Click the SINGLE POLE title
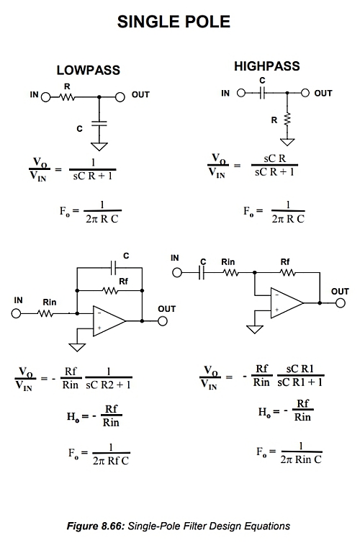click(x=174, y=22)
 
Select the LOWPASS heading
click(x=89, y=70)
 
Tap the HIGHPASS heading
click(x=267, y=66)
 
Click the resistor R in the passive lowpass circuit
click(x=68, y=97)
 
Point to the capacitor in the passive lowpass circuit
click(x=99, y=124)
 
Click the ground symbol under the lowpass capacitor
click(x=99, y=146)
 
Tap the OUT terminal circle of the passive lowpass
click(x=120, y=97)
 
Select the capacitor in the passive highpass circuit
click(x=262, y=93)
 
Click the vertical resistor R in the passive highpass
click(x=287, y=120)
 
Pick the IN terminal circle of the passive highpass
click(x=241, y=93)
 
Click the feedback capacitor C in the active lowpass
click(x=113, y=268)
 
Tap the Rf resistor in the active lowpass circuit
click(x=110, y=291)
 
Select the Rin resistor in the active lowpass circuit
click(x=45, y=314)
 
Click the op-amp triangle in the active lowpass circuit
click(x=109, y=321)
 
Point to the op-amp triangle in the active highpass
click(x=287, y=302)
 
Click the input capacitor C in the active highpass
click(x=202, y=273)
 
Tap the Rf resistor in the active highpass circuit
click(x=288, y=273)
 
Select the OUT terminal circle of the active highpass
click(x=341, y=303)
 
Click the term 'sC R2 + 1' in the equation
click(x=108, y=385)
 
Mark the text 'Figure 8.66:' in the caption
click(x=95, y=526)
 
